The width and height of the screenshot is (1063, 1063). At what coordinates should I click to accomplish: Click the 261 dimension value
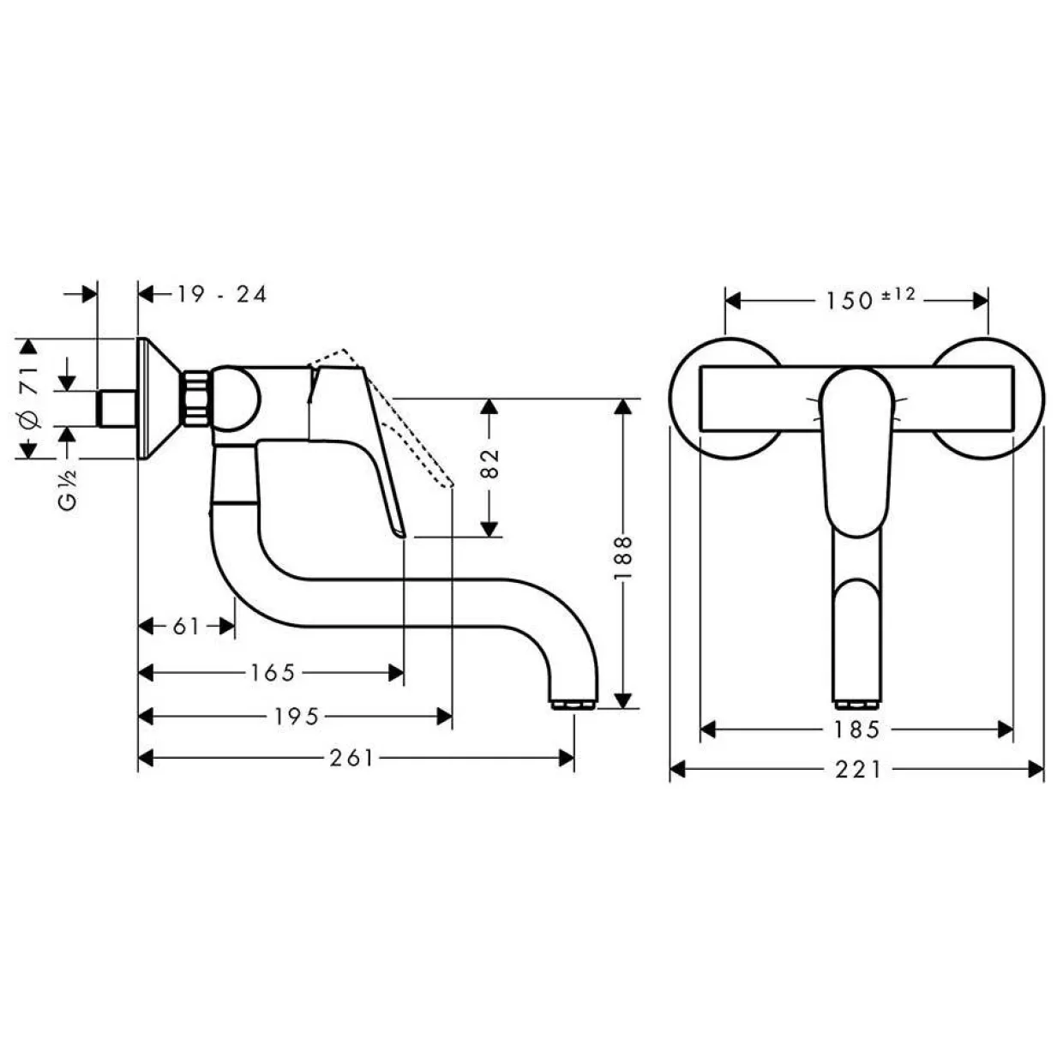[351, 758]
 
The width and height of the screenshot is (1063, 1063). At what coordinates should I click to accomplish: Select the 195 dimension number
[297, 717]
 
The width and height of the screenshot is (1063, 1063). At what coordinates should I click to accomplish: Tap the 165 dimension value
[273, 672]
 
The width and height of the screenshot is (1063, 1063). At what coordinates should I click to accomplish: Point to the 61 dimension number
[186, 626]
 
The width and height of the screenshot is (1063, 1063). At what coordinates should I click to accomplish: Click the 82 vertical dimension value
[489, 463]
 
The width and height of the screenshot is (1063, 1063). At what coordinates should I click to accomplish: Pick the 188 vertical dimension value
[622, 558]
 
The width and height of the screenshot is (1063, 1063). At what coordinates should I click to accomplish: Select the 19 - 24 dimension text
[222, 295]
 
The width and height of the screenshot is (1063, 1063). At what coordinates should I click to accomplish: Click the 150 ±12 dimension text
[870, 298]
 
